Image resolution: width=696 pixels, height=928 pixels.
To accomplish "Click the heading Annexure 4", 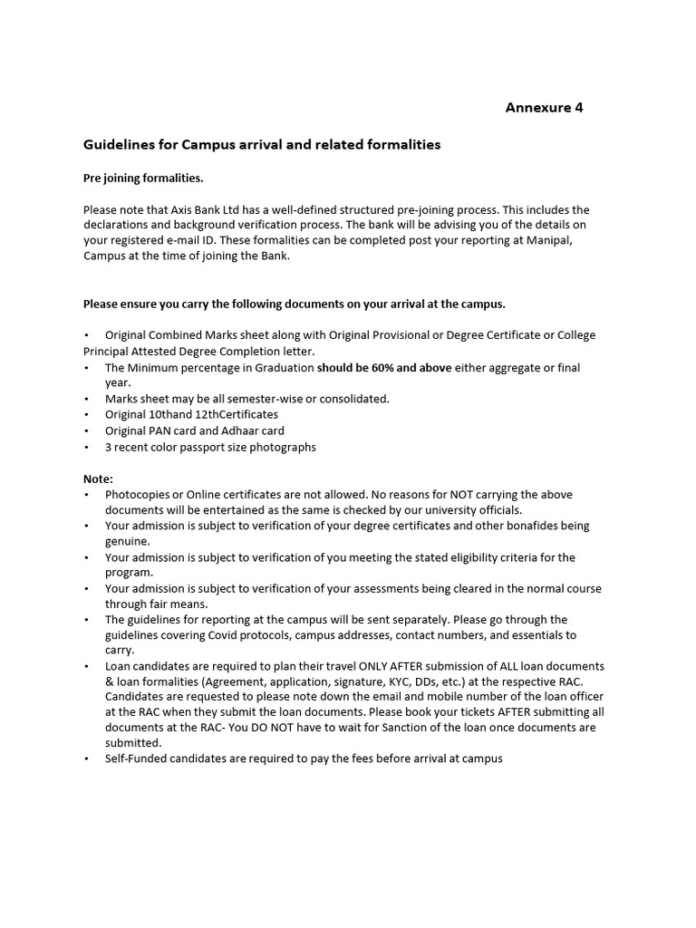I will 544,108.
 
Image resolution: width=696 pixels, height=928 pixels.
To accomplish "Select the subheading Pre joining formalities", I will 143,178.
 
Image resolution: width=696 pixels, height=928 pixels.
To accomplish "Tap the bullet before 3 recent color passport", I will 86,447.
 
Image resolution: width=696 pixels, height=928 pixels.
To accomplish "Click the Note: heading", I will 98,478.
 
